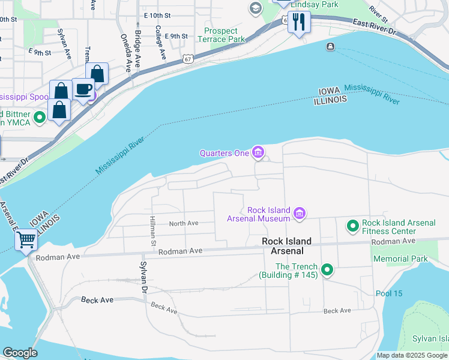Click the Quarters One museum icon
[258, 153]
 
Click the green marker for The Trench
[327, 270]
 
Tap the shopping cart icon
[26, 240]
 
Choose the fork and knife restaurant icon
[298, 22]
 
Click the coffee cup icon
[83, 90]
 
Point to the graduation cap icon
[256, 8]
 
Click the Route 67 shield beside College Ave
[188, 59]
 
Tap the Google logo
[20, 353]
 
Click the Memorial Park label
[400, 259]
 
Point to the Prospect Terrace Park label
[224, 35]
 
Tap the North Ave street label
[184, 223]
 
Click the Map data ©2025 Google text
[412, 355]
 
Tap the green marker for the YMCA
[40, 118]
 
